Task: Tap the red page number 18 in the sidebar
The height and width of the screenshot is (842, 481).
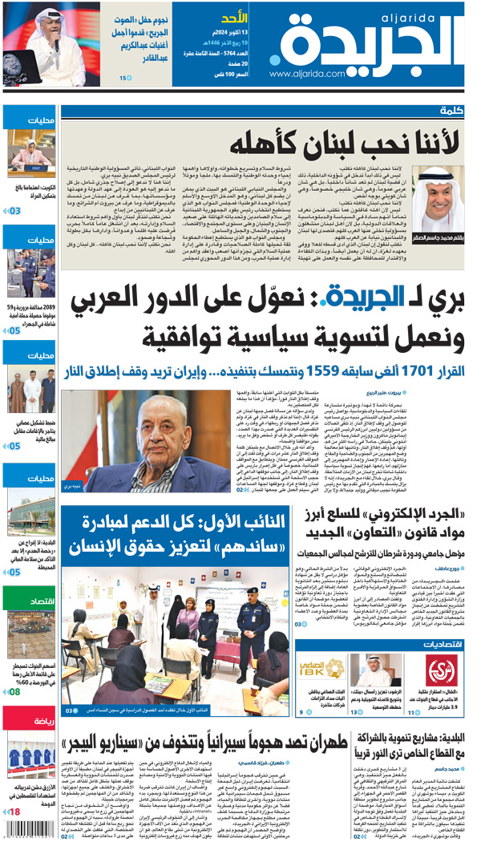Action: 14,814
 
